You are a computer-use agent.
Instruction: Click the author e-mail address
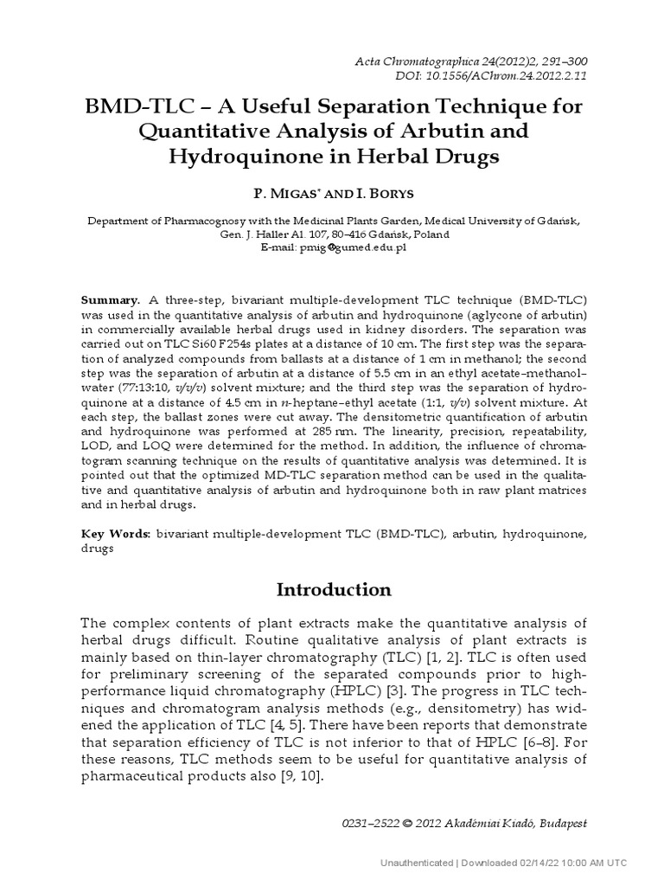click(x=351, y=247)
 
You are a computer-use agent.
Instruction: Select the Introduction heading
click(x=334, y=590)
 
